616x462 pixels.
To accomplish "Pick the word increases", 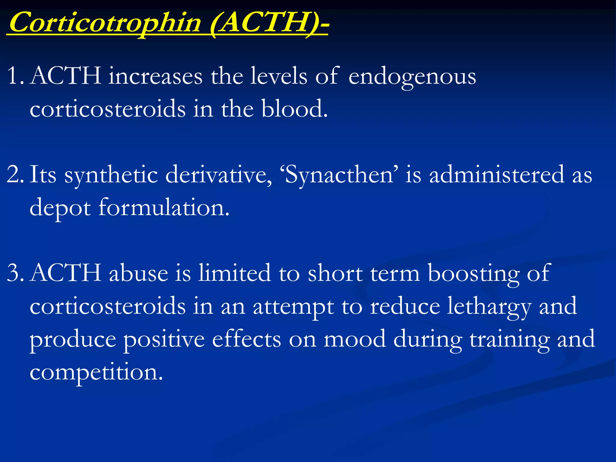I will click(155, 76).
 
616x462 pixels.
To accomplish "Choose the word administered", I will click(496, 174).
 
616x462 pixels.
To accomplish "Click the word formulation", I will click(164, 208).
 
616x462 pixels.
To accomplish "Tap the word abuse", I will click(138, 273).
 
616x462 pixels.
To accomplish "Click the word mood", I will click(355, 339).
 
